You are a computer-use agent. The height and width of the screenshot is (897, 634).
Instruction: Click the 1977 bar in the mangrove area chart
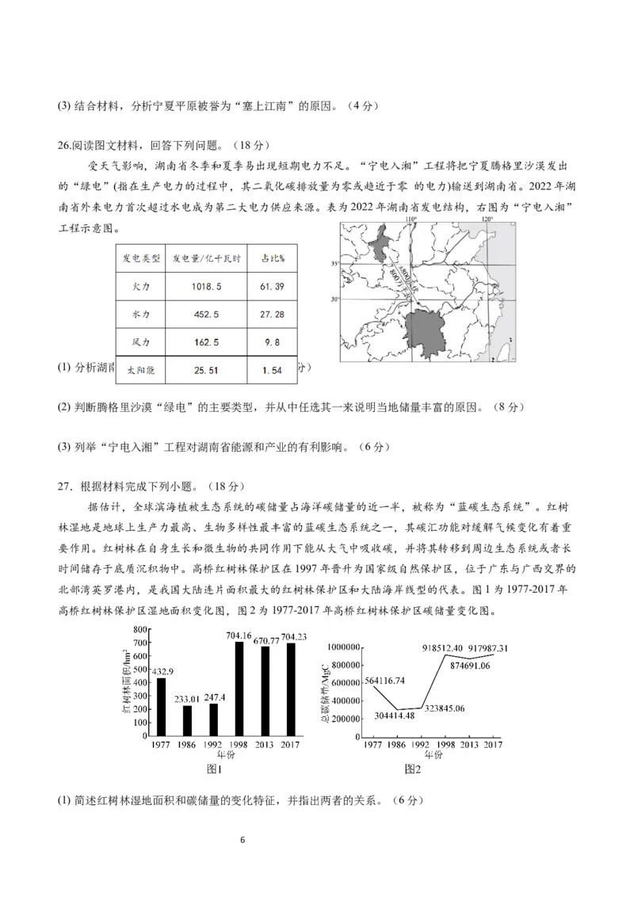click(x=162, y=707)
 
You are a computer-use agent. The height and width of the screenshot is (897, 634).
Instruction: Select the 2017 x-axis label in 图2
click(x=492, y=744)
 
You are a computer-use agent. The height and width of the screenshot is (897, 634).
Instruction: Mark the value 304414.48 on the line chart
click(x=394, y=716)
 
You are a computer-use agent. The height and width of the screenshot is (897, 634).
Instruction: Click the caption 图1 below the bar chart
click(x=213, y=769)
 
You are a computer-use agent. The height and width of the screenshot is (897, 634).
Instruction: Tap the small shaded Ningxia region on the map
click(x=380, y=239)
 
